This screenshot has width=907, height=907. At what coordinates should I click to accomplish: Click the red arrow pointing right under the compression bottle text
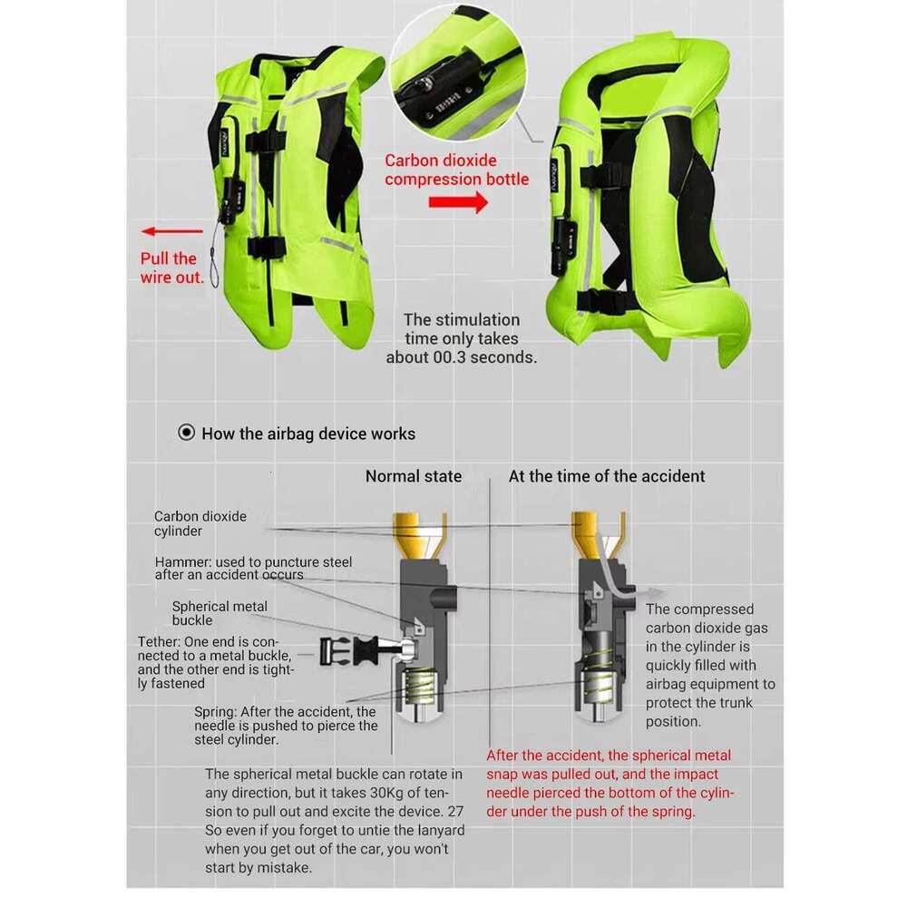pyautogui.click(x=458, y=202)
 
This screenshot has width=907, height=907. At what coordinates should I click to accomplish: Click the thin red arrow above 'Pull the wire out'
pyautogui.click(x=171, y=231)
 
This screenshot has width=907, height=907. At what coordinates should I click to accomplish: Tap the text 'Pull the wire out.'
pyautogui.click(x=171, y=268)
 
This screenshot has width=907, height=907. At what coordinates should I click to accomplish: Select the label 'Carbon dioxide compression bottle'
pyautogui.click(x=456, y=170)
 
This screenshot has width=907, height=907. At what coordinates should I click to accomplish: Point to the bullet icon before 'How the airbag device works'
pyautogui.click(x=186, y=433)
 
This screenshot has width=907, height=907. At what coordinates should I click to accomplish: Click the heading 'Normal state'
pyautogui.click(x=413, y=476)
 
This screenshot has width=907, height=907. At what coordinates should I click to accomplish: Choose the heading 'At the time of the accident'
pyautogui.click(x=606, y=476)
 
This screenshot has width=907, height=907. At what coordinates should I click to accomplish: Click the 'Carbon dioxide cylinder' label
pyautogui.click(x=200, y=523)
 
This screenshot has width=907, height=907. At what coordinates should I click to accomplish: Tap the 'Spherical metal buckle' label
pyautogui.click(x=219, y=613)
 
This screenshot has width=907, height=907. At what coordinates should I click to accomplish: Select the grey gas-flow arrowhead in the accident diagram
pyautogui.click(x=656, y=593)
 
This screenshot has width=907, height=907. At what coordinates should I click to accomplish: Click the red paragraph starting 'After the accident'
pyautogui.click(x=610, y=784)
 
